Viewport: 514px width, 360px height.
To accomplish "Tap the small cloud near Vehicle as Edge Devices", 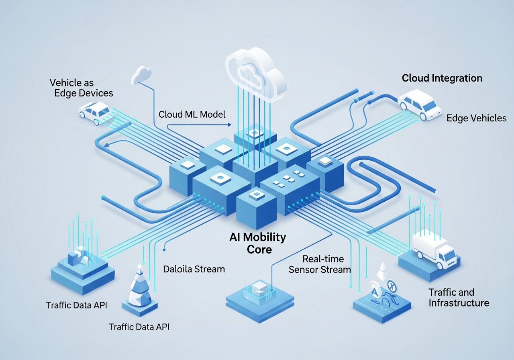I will pos(141,74).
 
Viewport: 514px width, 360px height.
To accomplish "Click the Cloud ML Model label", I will pos(192,114).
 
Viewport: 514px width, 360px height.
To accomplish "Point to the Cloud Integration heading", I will pos(442,78).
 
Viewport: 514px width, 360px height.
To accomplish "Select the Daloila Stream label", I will pos(194,269).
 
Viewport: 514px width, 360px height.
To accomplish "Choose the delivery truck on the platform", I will pos(434,249).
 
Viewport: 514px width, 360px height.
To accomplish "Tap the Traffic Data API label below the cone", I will pos(139,327).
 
